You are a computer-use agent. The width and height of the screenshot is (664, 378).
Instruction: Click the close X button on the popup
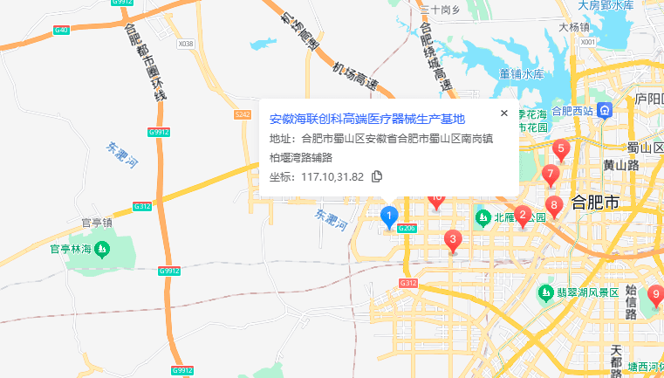click(503, 113)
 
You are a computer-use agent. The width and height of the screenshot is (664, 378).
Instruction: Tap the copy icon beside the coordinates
click(377, 176)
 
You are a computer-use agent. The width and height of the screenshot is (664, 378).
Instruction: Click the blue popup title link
click(366, 119)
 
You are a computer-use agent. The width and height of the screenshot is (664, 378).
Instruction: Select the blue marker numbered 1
click(390, 215)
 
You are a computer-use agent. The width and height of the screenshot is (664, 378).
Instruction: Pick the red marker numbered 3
click(452, 239)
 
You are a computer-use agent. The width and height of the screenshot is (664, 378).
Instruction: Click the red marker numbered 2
click(522, 215)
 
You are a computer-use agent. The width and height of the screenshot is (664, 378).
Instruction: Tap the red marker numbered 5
click(560, 149)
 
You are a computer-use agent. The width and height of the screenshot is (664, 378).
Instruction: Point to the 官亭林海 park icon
click(102, 251)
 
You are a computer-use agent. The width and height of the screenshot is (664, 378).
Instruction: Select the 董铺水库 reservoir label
click(522, 74)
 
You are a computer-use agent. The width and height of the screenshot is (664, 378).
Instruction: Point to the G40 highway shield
click(61, 31)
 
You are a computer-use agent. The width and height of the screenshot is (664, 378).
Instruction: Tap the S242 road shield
click(243, 114)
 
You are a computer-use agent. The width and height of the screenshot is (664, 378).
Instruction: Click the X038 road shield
click(185, 43)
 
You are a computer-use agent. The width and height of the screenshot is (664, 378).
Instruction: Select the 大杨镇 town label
click(574, 27)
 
